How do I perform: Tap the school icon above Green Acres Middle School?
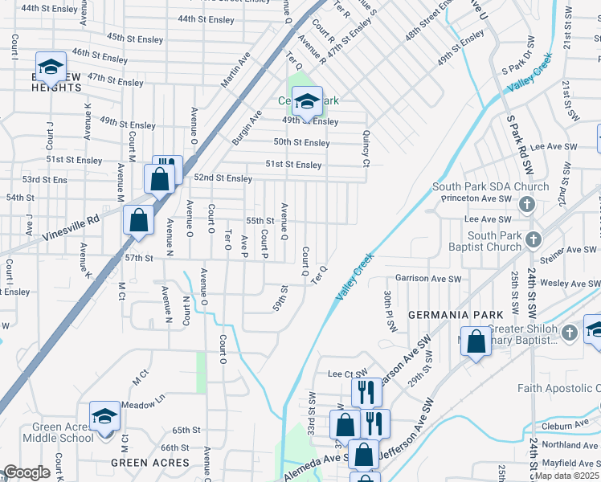tap(104, 416)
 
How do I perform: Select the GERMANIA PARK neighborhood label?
tap(454, 313)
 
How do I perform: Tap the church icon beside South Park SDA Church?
tap(527, 204)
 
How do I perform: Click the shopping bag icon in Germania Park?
tap(476, 341)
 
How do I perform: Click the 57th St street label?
tap(138, 258)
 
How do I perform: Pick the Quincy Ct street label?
tap(366, 149)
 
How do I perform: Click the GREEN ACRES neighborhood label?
tap(150, 463)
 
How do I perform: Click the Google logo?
tap(27, 472)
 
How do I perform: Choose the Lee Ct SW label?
tap(347, 374)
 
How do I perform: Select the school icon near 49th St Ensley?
tap(306, 101)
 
